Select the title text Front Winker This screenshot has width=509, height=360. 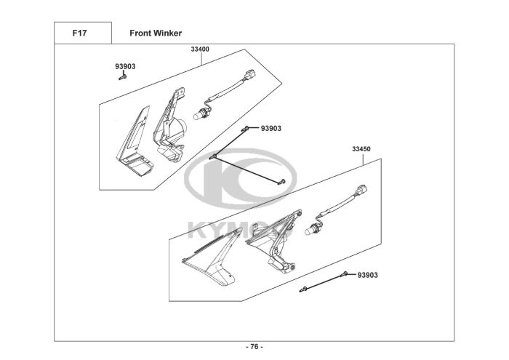click(x=156, y=33)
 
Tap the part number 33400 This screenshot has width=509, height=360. click(x=200, y=49)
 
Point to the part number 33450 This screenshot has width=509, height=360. click(x=361, y=149)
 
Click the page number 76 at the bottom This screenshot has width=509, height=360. click(x=254, y=346)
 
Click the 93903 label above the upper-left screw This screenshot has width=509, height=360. click(x=125, y=66)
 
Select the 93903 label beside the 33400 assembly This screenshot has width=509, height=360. click(x=270, y=128)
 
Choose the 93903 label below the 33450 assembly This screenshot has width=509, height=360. click(x=366, y=275)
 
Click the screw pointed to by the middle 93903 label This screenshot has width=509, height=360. click(x=248, y=128)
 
